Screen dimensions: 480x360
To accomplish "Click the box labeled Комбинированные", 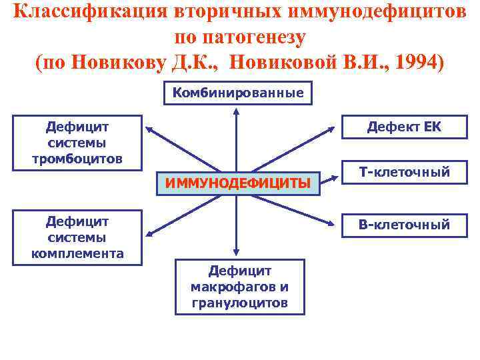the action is [238, 93].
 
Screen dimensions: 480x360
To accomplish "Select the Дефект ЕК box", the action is [404, 127].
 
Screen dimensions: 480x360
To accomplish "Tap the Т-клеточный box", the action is [404, 173].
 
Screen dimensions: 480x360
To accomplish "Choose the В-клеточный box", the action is [404, 225].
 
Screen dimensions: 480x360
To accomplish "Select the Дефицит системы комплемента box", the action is [77, 237].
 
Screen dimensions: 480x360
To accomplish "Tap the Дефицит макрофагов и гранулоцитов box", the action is [239, 287].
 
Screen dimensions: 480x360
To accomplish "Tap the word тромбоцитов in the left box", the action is [77, 159].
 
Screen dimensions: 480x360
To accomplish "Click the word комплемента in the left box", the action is [77, 253].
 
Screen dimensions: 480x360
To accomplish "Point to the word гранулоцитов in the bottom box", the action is [239, 303].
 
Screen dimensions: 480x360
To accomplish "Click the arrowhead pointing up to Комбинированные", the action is [235, 111].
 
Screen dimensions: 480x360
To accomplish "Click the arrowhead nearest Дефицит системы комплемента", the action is [150, 233].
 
